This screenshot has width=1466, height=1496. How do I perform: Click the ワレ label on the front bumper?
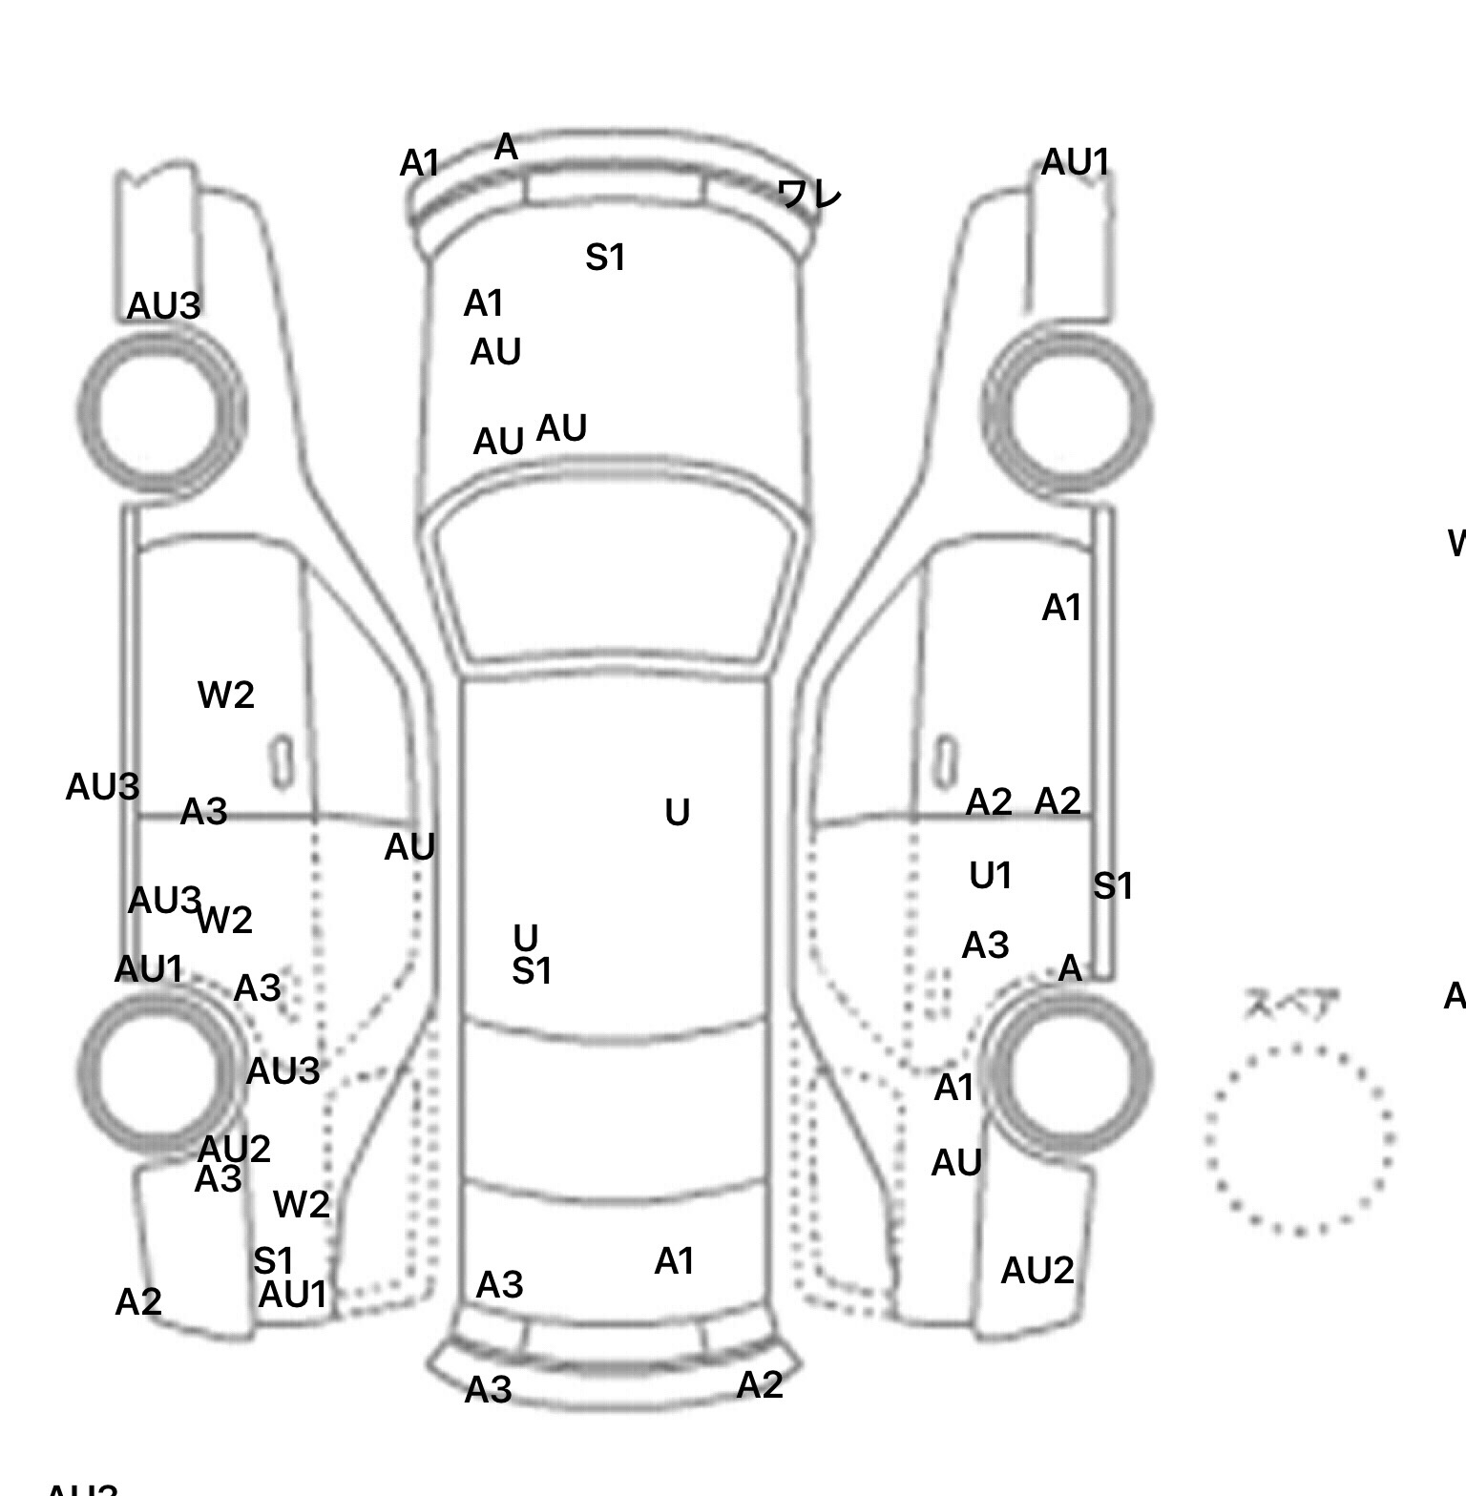click(x=809, y=195)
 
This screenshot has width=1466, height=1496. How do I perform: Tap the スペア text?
click(x=1291, y=1004)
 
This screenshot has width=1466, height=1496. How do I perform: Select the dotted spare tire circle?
click(x=1299, y=1138)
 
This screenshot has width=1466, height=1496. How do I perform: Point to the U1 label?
click(x=990, y=876)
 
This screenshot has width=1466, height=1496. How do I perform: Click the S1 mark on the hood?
click(x=605, y=258)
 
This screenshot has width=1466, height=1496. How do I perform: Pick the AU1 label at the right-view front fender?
click(x=1075, y=162)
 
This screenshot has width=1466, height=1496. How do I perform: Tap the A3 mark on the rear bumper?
click(x=488, y=1390)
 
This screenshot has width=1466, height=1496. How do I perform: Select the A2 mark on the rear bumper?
click(x=760, y=1384)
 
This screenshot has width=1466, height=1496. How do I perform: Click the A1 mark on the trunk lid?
click(x=674, y=1261)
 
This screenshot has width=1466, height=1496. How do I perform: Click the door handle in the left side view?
click(x=282, y=761)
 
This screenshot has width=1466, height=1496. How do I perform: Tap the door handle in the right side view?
click(x=945, y=761)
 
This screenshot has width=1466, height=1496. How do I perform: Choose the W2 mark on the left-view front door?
click(x=226, y=695)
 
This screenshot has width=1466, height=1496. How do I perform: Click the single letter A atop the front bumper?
click(x=506, y=148)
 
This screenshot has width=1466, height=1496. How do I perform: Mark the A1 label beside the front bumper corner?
click(x=419, y=164)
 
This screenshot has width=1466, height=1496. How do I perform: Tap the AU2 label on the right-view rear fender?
click(x=1037, y=1271)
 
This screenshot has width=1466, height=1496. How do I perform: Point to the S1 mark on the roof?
click(x=532, y=971)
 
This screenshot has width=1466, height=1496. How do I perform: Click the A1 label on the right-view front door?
click(x=1061, y=608)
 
